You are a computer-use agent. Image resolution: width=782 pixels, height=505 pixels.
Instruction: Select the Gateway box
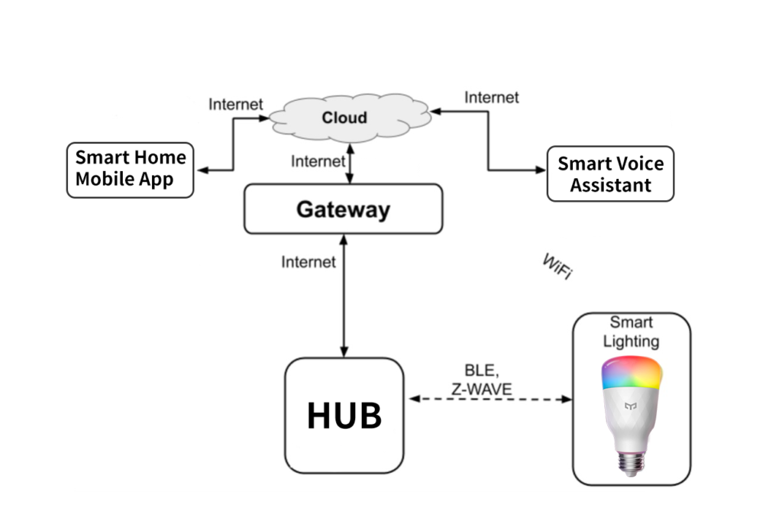click(343, 209)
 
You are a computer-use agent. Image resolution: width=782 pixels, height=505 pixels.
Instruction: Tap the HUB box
click(344, 416)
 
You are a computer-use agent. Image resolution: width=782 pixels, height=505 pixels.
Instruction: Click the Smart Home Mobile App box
click(130, 170)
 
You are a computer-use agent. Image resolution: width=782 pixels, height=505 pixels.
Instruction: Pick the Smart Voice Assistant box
click(610, 174)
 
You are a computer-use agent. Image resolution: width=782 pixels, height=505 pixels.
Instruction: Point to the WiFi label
click(557, 268)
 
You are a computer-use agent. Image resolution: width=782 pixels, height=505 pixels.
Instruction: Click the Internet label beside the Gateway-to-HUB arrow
click(308, 262)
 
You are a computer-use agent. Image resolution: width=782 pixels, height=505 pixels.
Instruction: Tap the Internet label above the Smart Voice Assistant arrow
click(491, 97)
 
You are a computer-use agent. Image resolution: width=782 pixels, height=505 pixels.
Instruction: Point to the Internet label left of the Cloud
click(235, 104)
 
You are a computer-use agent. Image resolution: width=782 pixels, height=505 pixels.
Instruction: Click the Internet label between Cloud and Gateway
click(318, 161)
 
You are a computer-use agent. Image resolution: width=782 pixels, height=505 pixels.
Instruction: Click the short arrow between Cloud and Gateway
click(350, 164)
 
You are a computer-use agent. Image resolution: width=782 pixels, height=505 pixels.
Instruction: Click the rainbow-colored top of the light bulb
click(632, 372)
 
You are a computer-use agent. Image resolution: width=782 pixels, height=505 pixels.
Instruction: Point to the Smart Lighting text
click(632, 332)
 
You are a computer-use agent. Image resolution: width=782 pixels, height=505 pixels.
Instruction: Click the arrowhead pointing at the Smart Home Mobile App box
click(202, 170)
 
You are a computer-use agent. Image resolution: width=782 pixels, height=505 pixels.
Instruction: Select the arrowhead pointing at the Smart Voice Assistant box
click(542, 170)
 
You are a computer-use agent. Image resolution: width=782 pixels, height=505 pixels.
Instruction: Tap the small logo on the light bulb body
click(631, 407)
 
